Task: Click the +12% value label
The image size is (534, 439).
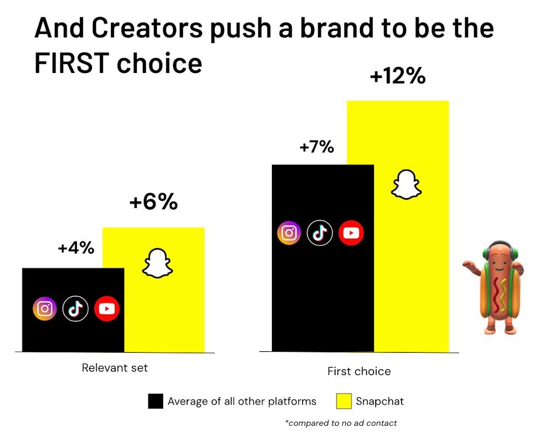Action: click(398, 76)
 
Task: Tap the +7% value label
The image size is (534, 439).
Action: click(316, 147)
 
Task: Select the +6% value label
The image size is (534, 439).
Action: click(153, 202)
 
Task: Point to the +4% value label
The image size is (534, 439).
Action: click(76, 248)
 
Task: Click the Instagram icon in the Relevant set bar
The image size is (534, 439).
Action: click(44, 309)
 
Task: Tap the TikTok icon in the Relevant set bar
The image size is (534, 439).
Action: click(75, 309)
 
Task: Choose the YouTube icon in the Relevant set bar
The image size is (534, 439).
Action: click(107, 309)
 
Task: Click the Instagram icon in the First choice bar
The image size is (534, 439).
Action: click(289, 233)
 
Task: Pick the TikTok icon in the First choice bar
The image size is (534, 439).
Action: click(320, 233)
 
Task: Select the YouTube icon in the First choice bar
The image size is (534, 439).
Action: click(351, 233)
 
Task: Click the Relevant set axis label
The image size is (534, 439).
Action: click(115, 368)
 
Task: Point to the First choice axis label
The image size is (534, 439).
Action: click(359, 372)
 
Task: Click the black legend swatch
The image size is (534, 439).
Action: click(155, 402)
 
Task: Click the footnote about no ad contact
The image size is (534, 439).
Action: click(341, 423)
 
